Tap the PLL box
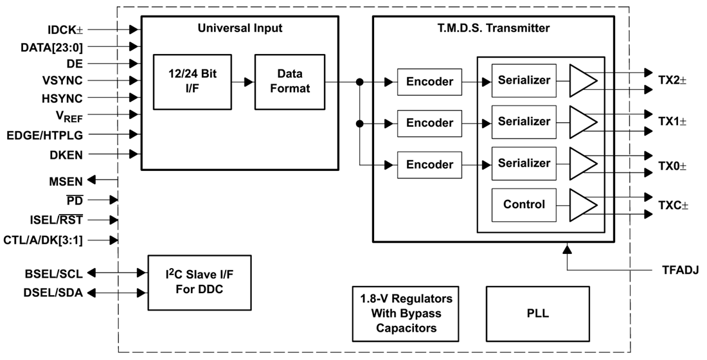click(537, 314)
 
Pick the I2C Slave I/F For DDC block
click(199, 282)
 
